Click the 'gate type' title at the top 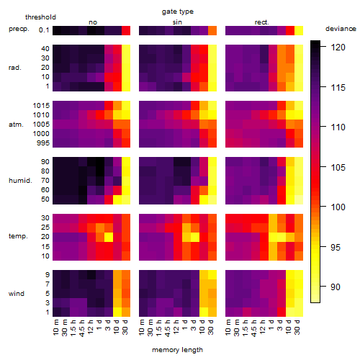(x=178, y=12)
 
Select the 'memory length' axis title (x=177, y=350)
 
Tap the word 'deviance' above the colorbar (x=341, y=29)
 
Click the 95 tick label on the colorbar (x=336, y=247)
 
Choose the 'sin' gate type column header (x=177, y=22)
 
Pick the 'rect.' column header (x=262, y=22)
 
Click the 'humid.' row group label (x=20, y=181)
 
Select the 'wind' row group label (x=17, y=294)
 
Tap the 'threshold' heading (x=40, y=17)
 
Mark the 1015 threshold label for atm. (x=41, y=106)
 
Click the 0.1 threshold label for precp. (x=44, y=30)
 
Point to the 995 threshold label (x=43, y=143)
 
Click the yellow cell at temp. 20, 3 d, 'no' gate (x=109, y=237)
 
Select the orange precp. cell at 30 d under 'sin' (x=212, y=31)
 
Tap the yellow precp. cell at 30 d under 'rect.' (x=299, y=31)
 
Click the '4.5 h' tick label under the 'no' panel (x=82, y=328)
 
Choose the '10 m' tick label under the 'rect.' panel (x=228, y=328)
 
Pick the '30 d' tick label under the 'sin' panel (x=211, y=328)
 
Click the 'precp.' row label (x=19, y=29)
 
